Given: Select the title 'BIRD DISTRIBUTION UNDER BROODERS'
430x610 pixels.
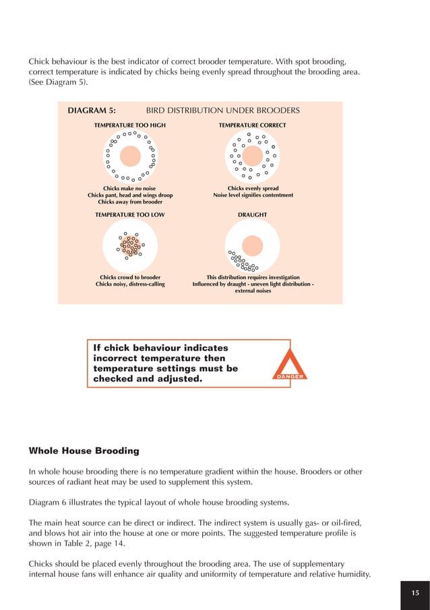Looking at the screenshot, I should click(x=222, y=111).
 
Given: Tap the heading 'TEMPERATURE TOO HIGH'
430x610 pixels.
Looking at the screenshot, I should click(x=129, y=125).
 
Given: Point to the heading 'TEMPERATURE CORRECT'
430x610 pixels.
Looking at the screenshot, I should click(x=252, y=125).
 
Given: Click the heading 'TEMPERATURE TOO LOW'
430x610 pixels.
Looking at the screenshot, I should click(x=129, y=214).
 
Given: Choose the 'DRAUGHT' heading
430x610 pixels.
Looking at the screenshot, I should click(x=252, y=214).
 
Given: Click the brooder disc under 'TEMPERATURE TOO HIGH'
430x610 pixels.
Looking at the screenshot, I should click(x=130, y=156).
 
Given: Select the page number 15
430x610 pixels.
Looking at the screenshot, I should click(x=415, y=592).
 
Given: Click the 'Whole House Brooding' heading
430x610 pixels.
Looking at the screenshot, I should click(x=73, y=450).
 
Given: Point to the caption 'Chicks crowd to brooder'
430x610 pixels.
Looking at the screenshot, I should click(x=130, y=277).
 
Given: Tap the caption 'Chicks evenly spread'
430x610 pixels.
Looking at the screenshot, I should click(x=253, y=189).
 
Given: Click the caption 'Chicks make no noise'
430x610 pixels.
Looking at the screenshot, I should click(x=129, y=189).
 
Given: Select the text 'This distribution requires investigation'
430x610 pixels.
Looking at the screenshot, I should click(x=253, y=277).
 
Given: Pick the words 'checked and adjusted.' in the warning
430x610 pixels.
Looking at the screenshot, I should click(x=148, y=379).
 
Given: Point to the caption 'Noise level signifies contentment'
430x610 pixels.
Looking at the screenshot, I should click(x=253, y=195).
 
